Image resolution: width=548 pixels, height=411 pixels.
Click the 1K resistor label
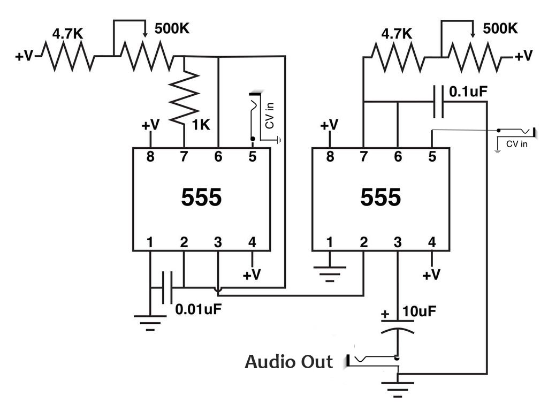click(201, 125)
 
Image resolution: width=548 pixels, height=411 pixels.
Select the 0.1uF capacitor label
click(468, 92)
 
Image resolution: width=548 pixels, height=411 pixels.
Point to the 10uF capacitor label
click(419, 310)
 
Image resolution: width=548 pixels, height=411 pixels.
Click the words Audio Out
click(288, 362)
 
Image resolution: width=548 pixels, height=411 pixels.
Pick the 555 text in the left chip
click(201, 198)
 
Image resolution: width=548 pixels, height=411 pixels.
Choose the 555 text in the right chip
click(380, 198)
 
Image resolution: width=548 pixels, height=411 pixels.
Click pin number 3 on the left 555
click(218, 242)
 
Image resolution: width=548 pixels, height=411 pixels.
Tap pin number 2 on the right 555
click(364, 242)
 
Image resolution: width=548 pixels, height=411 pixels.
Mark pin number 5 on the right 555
click(431, 157)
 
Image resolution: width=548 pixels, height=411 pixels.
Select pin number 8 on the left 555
click(150, 157)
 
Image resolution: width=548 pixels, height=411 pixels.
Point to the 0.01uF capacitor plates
click(168, 287)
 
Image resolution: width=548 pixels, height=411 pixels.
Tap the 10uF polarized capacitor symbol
click(397, 326)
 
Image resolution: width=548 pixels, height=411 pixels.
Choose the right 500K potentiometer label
click(500, 28)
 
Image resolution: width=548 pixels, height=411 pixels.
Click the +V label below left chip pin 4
click(252, 275)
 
